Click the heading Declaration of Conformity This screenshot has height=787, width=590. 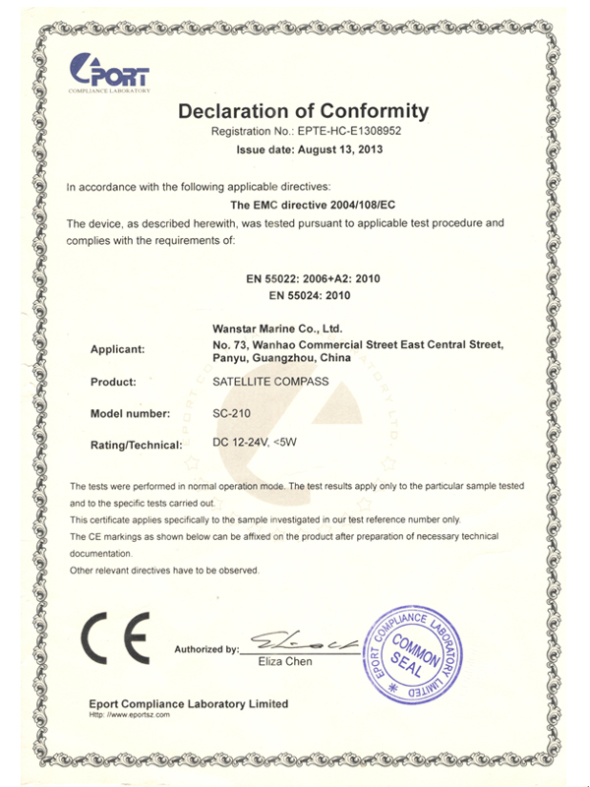pos(304,110)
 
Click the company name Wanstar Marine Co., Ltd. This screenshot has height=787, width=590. pos(277,328)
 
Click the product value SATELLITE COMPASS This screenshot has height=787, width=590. pos(270,381)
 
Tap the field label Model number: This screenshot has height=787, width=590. pos(130,413)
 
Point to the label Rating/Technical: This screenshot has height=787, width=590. pos(137,446)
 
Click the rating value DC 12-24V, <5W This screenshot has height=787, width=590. pos(254,444)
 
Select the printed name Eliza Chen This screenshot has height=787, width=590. pos(285,662)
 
